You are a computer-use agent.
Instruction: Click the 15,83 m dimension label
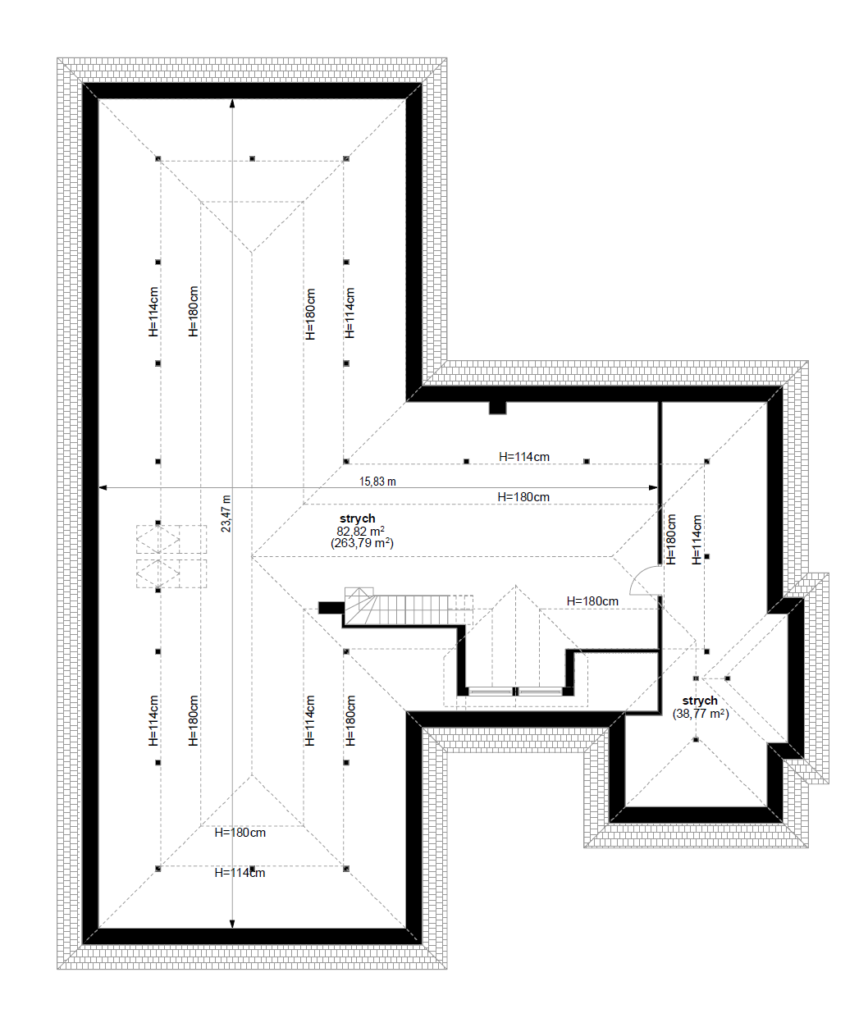click(x=377, y=482)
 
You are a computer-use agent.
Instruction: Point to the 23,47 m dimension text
click(x=226, y=514)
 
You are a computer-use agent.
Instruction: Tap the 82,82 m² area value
click(x=361, y=532)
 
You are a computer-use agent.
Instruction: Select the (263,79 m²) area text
click(x=362, y=543)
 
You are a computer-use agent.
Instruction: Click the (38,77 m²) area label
click(x=701, y=714)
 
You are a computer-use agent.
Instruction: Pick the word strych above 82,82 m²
click(x=358, y=519)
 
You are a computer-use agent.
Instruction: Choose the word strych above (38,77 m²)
click(x=700, y=701)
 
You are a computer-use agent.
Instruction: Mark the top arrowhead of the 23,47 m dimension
click(x=232, y=103)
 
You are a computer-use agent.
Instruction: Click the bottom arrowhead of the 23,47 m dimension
click(x=232, y=925)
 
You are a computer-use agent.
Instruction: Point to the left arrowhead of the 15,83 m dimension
click(x=103, y=488)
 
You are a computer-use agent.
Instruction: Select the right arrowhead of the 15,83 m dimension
click(x=654, y=488)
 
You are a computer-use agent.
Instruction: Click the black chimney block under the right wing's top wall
click(x=498, y=408)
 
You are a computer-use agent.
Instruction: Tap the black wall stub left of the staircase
click(x=331, y=607)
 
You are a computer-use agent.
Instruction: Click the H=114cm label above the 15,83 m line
click(x=524, y=457)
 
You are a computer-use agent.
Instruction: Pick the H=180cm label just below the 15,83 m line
click(x=523, y=497)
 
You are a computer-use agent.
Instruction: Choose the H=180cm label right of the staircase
click(x=592, y=601)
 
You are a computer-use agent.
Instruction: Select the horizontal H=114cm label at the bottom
click(x=240, y=874)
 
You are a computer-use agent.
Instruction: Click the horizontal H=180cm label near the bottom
click(x=240, y=833)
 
